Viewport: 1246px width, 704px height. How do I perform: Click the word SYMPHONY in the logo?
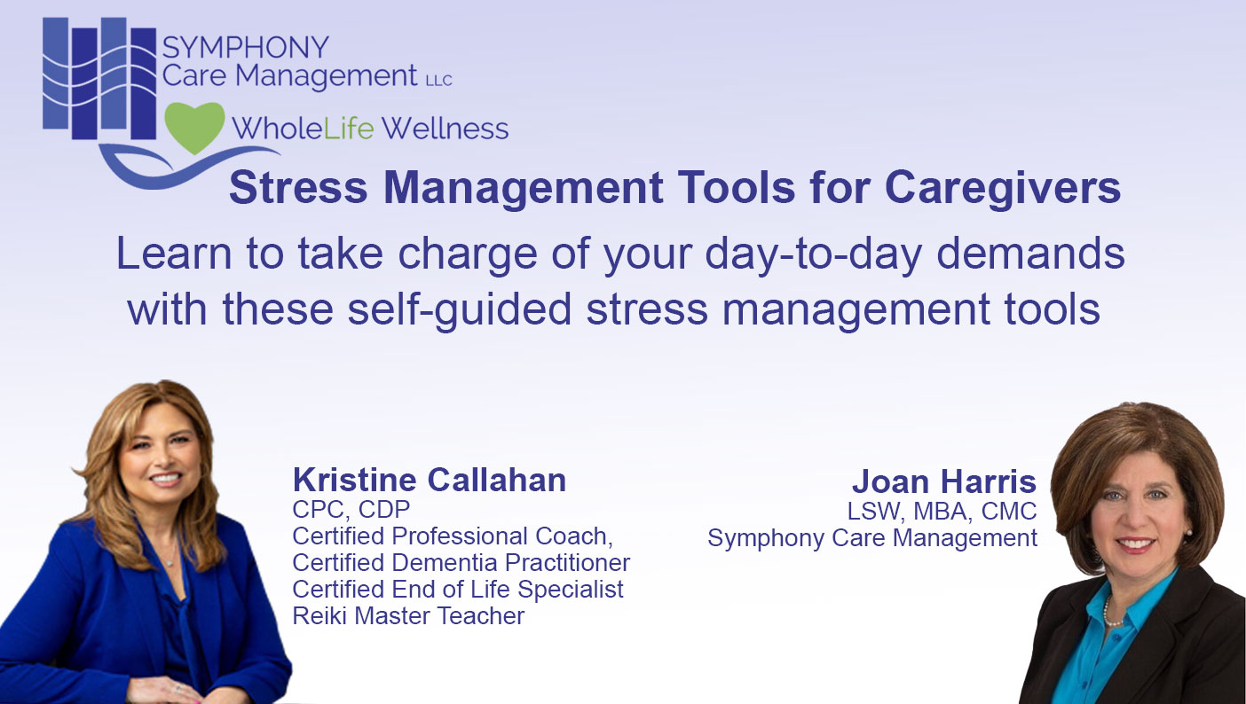click(x=245, y=47)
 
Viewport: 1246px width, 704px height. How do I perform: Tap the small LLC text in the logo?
click(x=438, y=81)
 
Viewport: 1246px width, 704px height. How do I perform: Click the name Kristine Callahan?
click(x=430, y=480)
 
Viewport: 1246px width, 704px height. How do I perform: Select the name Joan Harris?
click(x=943, y=481)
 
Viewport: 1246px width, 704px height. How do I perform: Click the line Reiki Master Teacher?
click(x=408, y=615)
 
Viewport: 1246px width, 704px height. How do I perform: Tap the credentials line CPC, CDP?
click(x=351, y=509)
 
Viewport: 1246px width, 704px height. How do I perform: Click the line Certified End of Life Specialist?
click(x=458, y=589)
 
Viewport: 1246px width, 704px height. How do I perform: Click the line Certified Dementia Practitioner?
click(x=461, y=562)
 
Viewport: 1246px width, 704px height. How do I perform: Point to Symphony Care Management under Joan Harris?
click(x=872, y=537)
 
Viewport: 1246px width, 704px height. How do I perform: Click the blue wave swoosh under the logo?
click(x=160, y=168)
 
